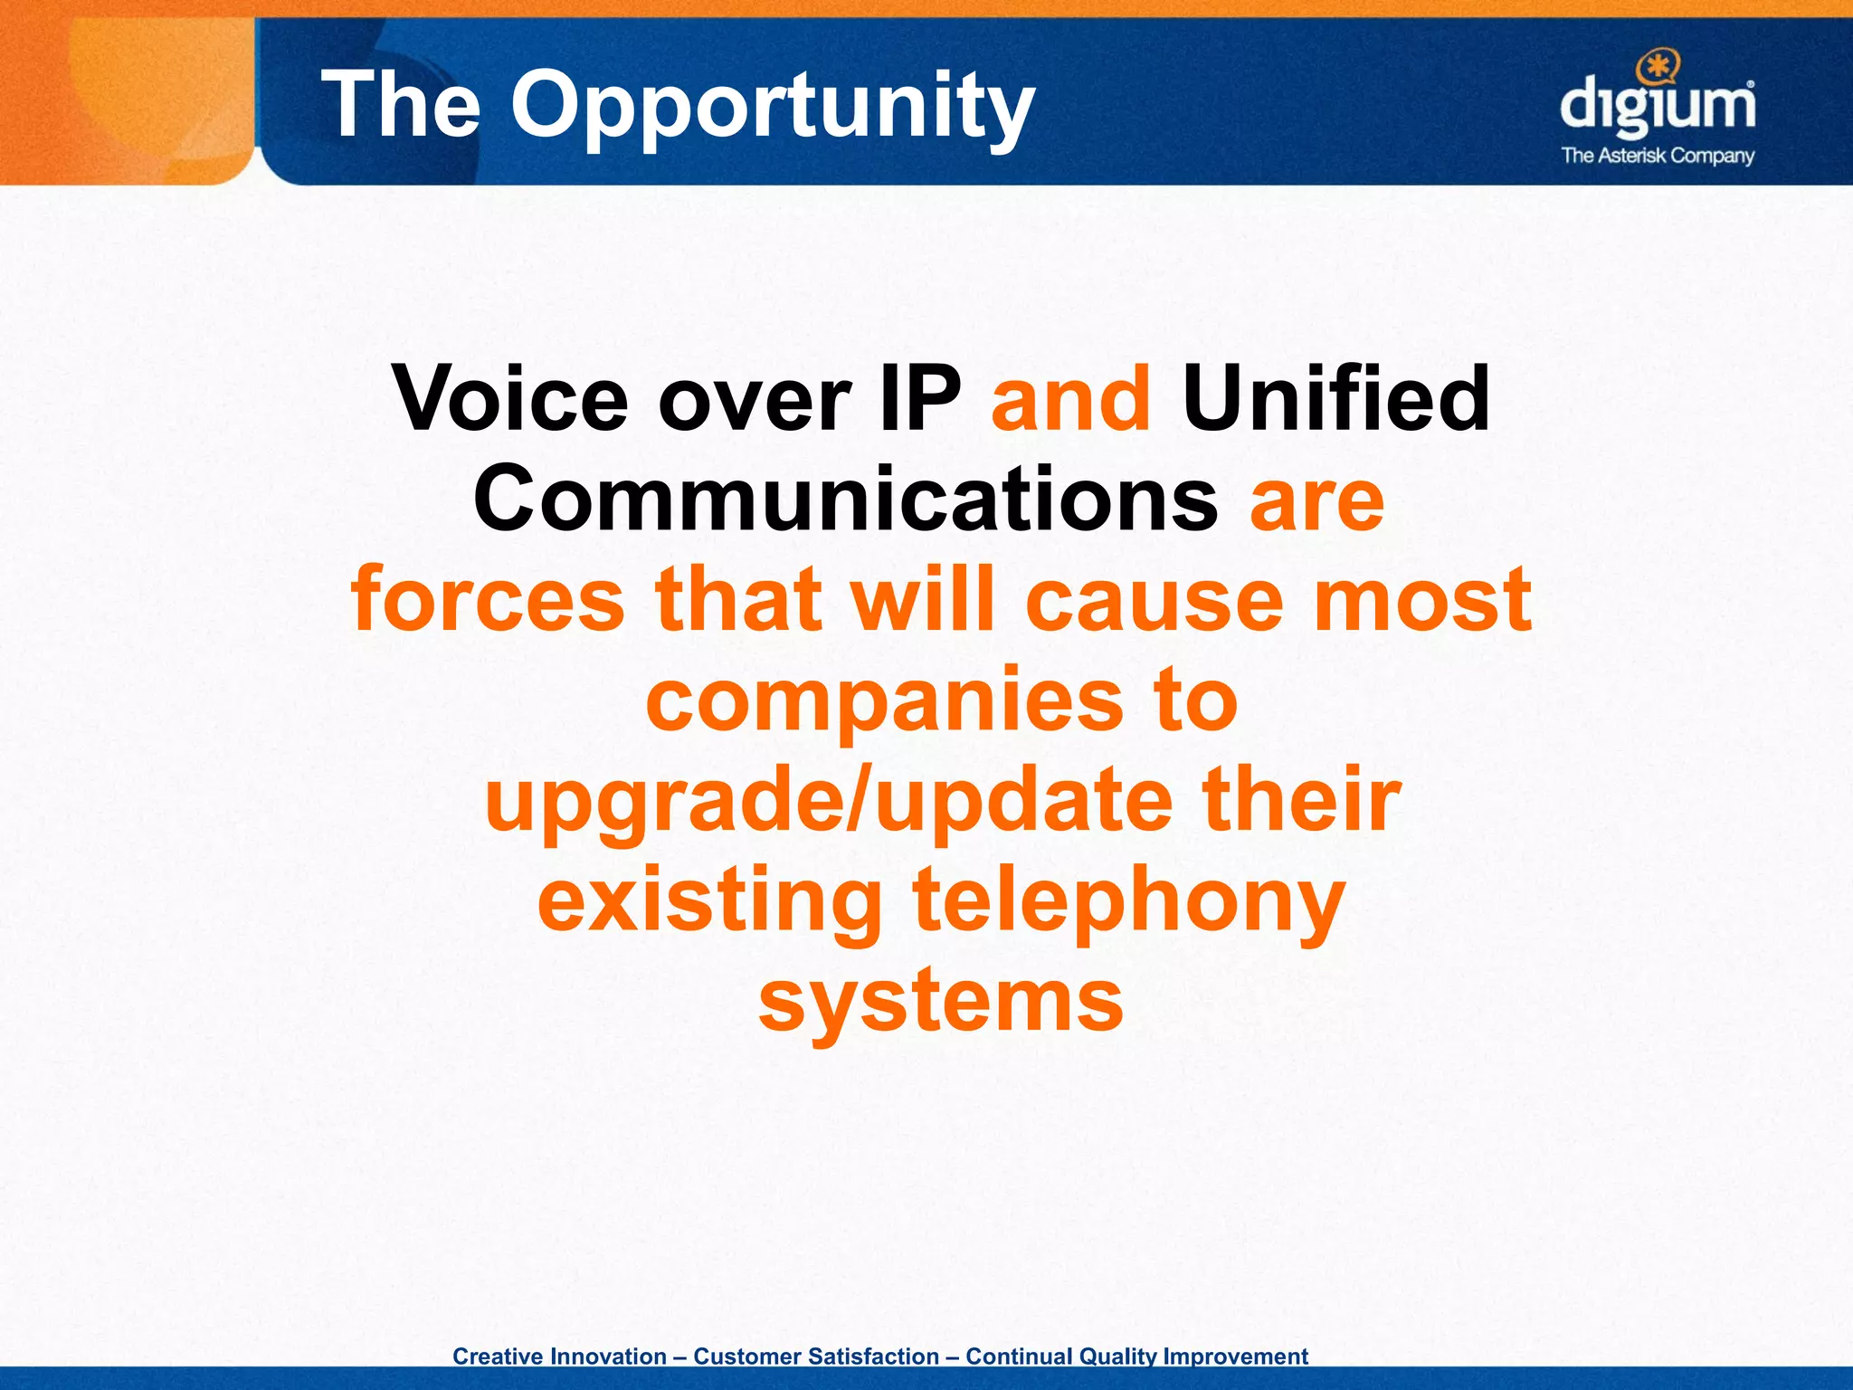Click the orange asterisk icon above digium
tap(1657, 66)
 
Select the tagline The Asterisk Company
tap(1658, 156)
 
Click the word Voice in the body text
tap(510, 399)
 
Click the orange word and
tap(1071, 399)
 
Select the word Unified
tap(1335, 399)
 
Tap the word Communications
tap(845, 500)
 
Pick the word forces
tap(488, 600)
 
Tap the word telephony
tap(1128, 901)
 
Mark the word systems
tap(941, 1003)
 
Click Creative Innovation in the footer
tap(559, 1357)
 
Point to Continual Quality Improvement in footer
tap(1136, 1357)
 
